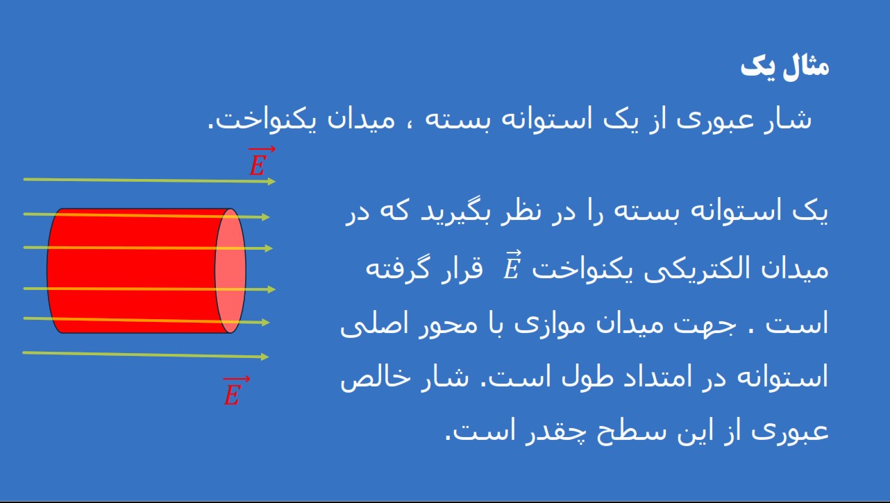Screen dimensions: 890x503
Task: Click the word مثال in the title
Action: pyautogui.click(x=806, y=67)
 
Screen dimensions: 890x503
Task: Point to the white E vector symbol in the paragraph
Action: pyautogui.click(x=512, y=265)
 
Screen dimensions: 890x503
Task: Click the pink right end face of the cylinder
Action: pyautogui.click(x=230, y=271)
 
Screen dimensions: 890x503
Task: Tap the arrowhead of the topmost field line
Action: pyautogui.click(x=271, y=182)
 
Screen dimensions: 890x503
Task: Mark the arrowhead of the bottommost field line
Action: pyautogui.click(x=265, y=357)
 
